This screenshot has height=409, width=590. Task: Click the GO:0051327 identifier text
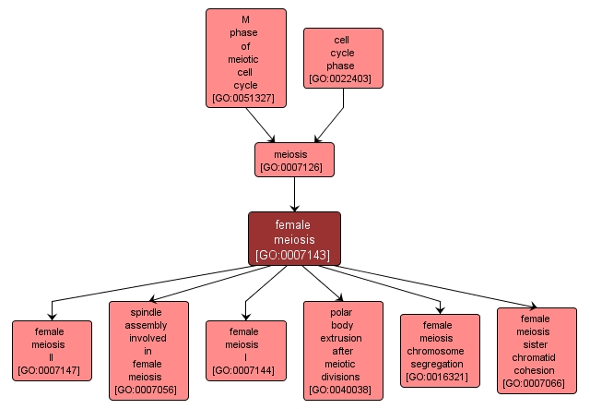[245, 97]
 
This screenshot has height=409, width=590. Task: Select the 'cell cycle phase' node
[343, 58]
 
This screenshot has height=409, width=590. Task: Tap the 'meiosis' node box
[294, 159]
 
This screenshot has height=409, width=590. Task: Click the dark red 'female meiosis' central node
[294, 238]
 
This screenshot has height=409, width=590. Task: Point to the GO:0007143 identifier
[294, 254]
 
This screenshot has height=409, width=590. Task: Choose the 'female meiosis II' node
[52, 350]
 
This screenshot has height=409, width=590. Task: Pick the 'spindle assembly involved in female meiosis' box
[148, 350]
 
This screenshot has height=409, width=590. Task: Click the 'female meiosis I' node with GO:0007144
[244, 350]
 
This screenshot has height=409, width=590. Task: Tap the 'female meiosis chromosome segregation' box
[440, 350]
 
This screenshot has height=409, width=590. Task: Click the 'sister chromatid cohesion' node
[537, 351]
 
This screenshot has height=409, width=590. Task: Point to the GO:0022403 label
[343, 79]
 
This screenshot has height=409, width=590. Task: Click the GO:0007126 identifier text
[294, 167]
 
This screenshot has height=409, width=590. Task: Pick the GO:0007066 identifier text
[537, 384]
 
